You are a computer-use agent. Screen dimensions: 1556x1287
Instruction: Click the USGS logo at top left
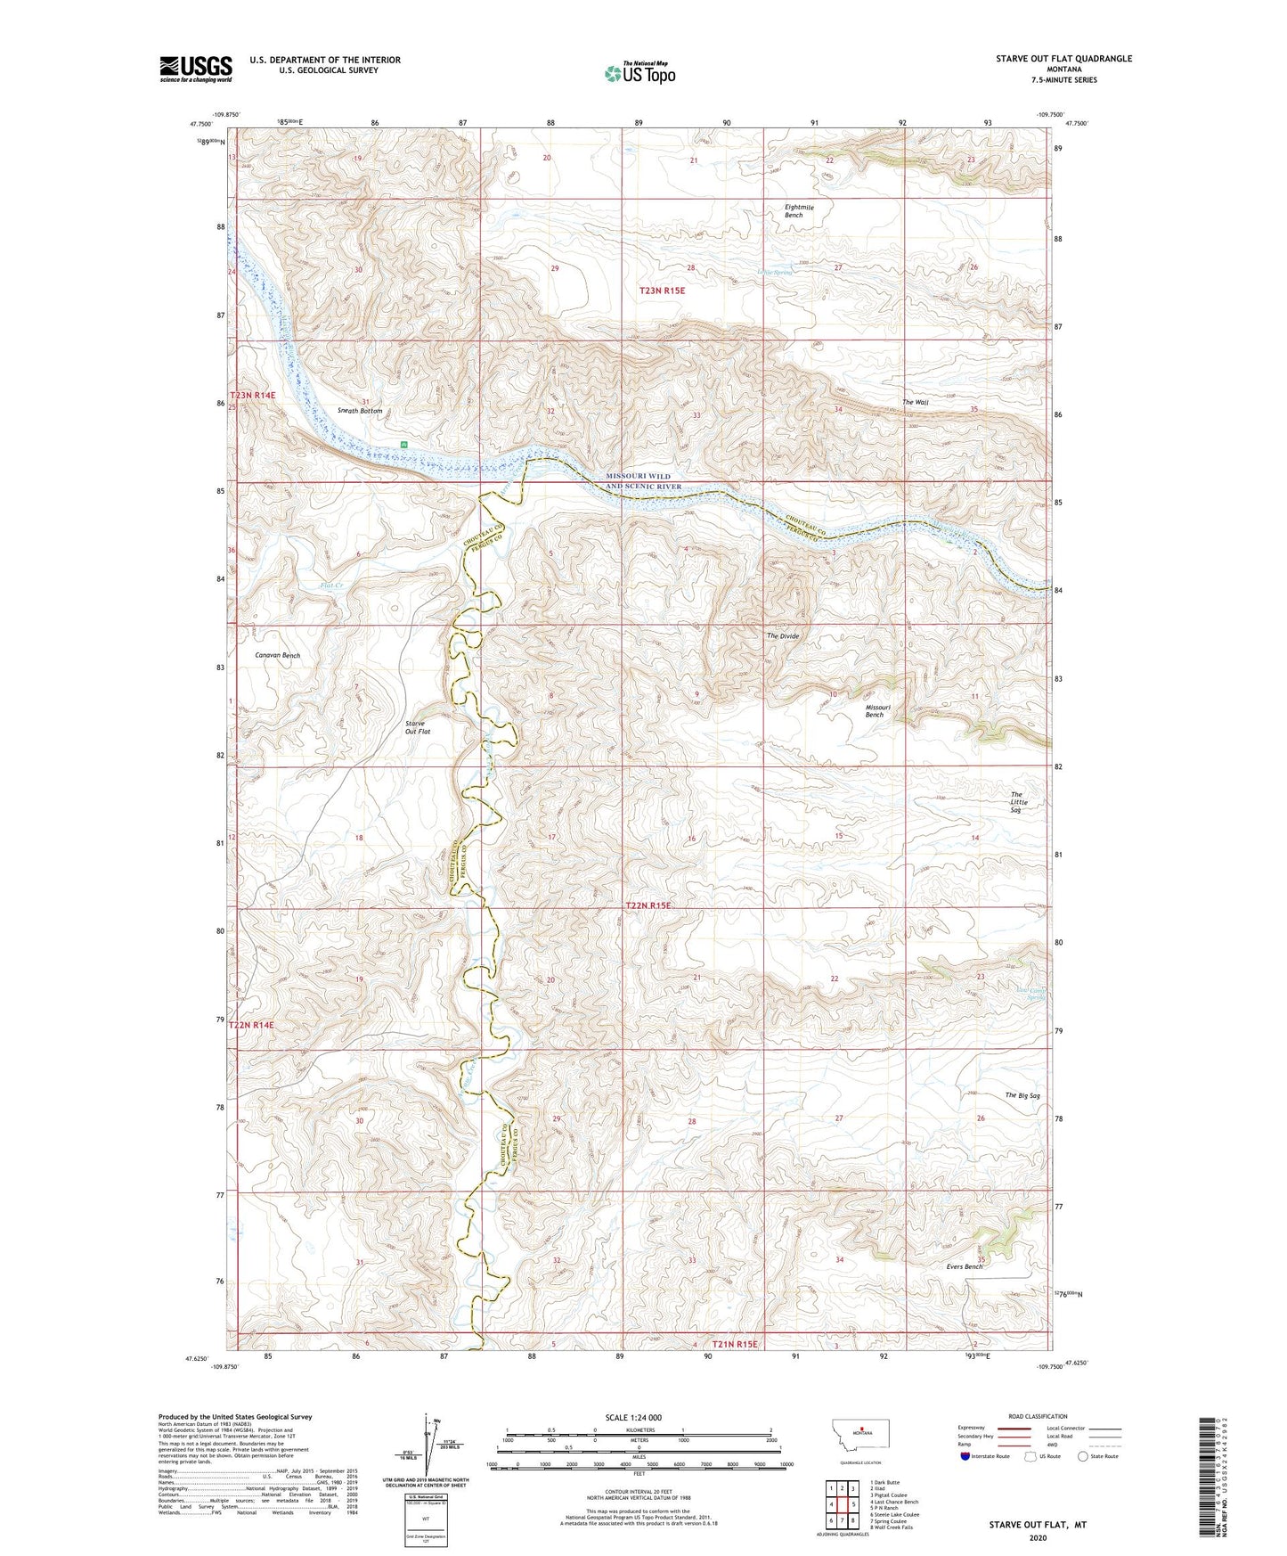pyautogui.click(x=195, y=69)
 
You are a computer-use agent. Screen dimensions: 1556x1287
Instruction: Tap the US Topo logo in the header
pyautogui.click(x=639, y=73)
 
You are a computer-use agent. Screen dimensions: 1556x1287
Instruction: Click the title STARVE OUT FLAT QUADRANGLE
pyautogui.click(x=1063, y=59)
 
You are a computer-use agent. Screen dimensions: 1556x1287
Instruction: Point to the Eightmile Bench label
pyautogui.click(x=799, y=211)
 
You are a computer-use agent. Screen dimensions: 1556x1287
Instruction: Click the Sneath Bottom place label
pyautogui.click(x=360, y=411)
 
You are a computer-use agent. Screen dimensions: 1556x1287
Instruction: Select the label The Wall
pyautogui.click(x=915, y=403)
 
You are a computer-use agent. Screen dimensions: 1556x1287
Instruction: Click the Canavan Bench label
pyautogui.click(x=277, y=655)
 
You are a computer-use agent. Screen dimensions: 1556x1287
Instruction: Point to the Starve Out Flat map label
pyautogui.click(x=417, y=727)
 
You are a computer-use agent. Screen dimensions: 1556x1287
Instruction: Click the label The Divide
pyautogui.click(x=783, y=636)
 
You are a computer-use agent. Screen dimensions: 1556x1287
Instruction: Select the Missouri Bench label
pyautogui.click(x=875, y=710)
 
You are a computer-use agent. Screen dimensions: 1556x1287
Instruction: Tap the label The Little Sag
pyautogui.click(x=1018, y=802)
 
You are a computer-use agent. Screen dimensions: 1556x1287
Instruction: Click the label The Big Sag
pyautogui.click(x=1022, y=1095)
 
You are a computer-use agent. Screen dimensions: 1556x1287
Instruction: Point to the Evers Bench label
pyautogui.click(x=965, y=1266)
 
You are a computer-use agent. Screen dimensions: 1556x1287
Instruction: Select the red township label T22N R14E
pyautogui.click(x=253, y=1026)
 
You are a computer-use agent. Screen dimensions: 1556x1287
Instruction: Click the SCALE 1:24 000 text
pyautogui.click(x=633, y=1418)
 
